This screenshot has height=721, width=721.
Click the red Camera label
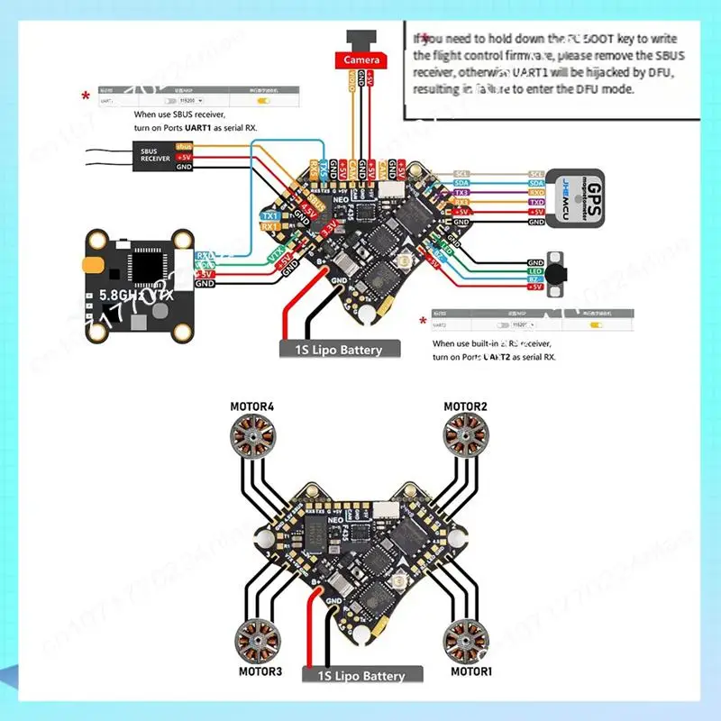pos(363,60)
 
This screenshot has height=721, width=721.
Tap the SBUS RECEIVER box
pos(155,156)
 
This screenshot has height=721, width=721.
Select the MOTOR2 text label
pos(465,406)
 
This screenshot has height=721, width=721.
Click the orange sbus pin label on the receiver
pos(184,146)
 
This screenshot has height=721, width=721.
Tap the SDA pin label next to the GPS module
pos(536,183)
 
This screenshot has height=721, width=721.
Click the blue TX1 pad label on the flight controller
pos(269,216)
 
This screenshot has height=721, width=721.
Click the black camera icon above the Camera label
pos(362,40)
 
